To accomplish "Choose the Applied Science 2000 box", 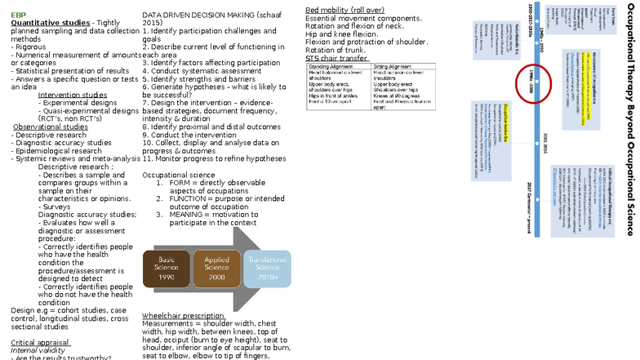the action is click(216, 267).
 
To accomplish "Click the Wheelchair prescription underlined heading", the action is click(182, 315).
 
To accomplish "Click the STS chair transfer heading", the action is click(337, 58).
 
